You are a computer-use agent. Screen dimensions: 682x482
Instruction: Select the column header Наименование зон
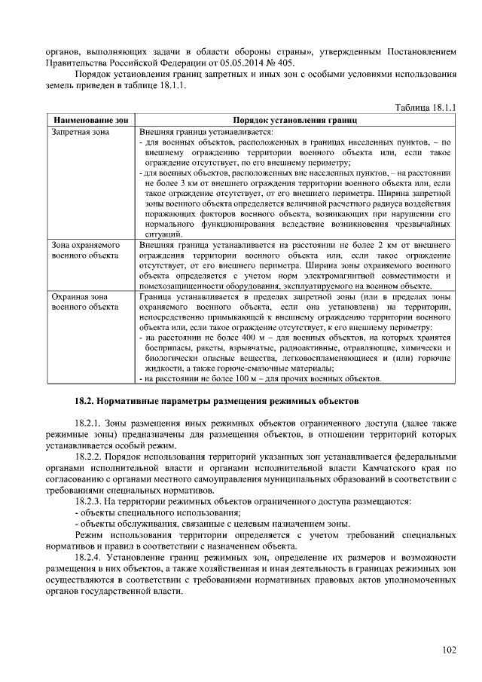tap(88, 121)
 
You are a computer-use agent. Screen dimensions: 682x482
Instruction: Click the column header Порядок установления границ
tap(294, 121)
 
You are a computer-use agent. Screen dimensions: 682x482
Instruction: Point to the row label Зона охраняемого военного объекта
tap(85, 250)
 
